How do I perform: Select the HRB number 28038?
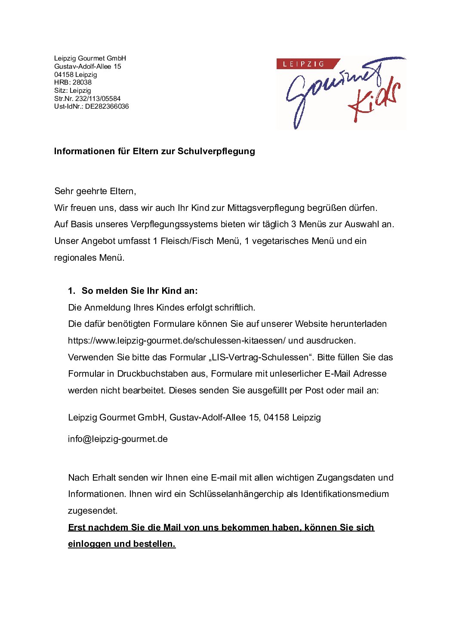click(x=82, y=82)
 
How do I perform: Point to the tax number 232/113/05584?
click(x=98, y=98)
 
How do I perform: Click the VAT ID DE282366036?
click(x=107, y=107)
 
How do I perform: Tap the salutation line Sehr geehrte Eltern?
click(x=95, y=191)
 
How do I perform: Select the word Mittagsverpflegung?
click(x=265, y=208)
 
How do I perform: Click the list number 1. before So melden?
click(x=71, y=291)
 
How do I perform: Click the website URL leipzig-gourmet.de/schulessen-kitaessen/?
click(x=176, y=341)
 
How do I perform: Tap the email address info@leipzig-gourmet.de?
click(x=117, y=439)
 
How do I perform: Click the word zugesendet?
click(x=92, y=511)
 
